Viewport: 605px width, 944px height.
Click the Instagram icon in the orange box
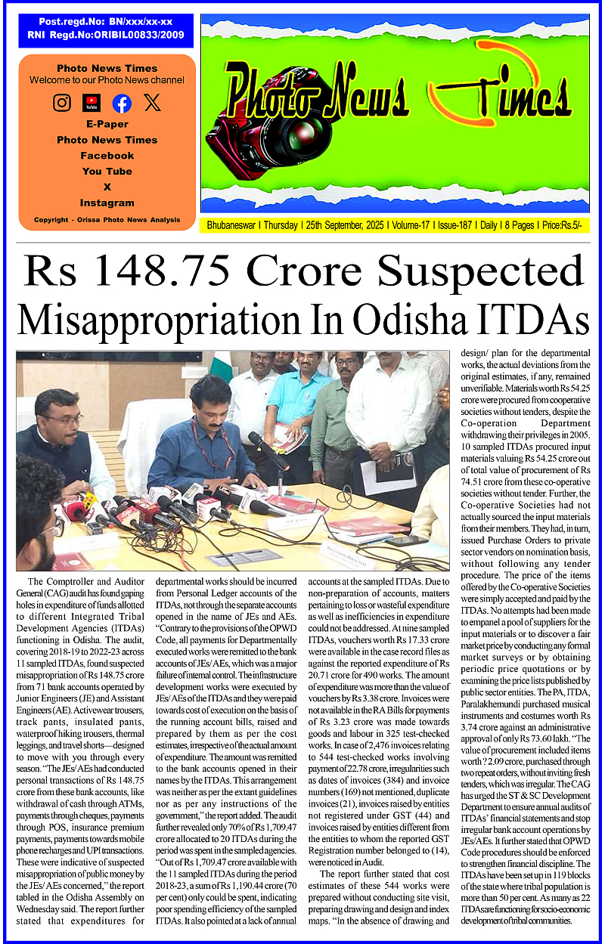click(x=62, y=103)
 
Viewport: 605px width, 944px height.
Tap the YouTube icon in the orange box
click(x=92, y=103)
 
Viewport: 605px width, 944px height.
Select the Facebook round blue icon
click(x=122, y=104)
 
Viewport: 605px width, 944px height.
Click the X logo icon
click(x=152, y=103)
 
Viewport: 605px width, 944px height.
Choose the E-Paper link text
click(x=107, y=124)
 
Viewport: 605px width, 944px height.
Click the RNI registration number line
click(x=105, y=35)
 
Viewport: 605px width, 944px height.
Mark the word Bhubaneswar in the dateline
click(x=229, y=225)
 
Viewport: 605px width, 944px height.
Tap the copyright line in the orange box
click(x=107, y=220)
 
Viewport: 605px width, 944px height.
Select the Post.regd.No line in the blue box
click(x=105, y=23)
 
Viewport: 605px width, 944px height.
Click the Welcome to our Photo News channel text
click(x=107, y=80)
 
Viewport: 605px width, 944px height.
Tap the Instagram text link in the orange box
click(x=107, y=203)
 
